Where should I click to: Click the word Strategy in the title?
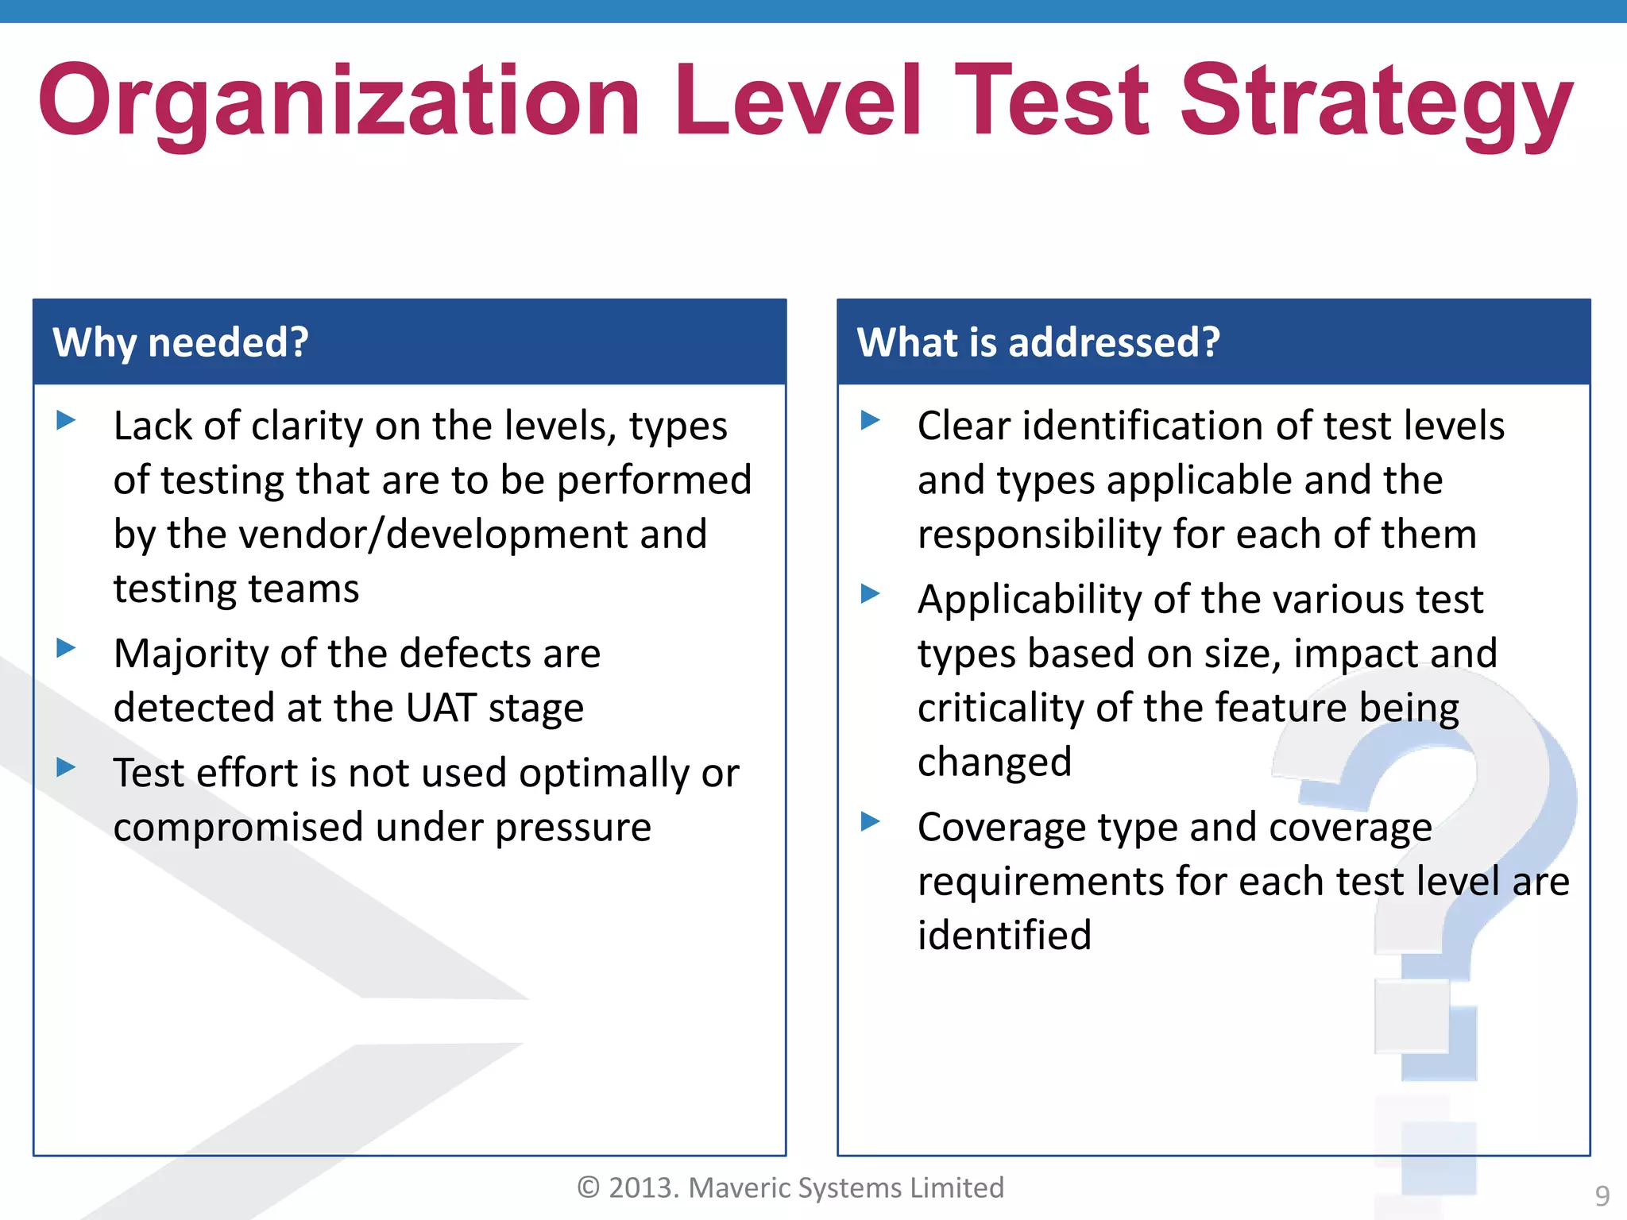(x=1376, y=102)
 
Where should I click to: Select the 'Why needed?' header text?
(x=180, y=342)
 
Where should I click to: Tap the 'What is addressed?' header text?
(x=1038, y=342)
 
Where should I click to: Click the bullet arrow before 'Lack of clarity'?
(x=67, y=419)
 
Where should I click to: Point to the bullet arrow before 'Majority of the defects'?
(x=67, y=647)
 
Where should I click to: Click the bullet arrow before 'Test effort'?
(x=67, y=766)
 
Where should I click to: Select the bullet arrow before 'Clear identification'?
(x=871, y=419)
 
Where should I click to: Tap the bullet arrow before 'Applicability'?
(x=871, y=593)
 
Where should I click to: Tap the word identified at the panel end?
(x=1004, y=935)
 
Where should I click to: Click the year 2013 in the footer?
(x=643, y=1187)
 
